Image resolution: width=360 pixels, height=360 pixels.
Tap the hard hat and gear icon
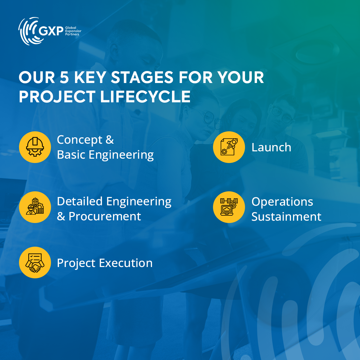[35, 147]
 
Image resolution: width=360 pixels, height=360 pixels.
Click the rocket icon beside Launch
[229, 147]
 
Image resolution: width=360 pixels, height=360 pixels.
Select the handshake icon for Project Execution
[35, 262]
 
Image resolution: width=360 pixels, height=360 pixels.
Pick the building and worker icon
[35, 207]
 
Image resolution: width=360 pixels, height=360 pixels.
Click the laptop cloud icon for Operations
[229, 207]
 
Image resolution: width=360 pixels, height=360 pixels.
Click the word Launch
[271, 147]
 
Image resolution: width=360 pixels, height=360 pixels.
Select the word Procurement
[105, 216]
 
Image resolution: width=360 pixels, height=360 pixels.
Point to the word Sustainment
[286, 217]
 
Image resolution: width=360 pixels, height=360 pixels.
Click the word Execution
[126, 263]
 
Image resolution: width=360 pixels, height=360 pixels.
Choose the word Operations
[282, 202]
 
